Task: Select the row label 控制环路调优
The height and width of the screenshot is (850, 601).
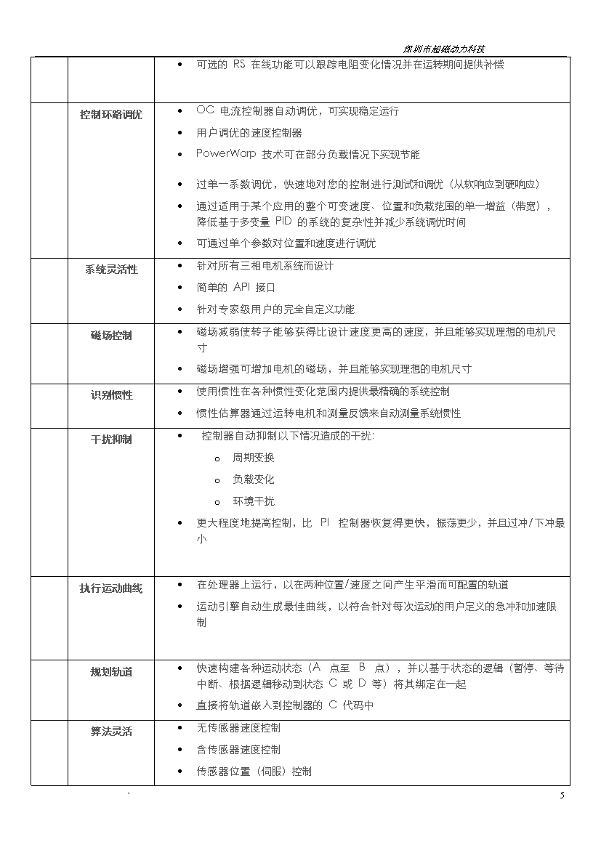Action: coord(111,115)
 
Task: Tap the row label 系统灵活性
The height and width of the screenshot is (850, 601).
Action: coord(111,270)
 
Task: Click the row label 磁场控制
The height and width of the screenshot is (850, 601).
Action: coord(111,336)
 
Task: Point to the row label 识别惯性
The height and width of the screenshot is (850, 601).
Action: coord(111,395)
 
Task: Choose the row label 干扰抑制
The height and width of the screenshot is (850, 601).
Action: coord(111,440)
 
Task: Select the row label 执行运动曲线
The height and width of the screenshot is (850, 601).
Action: coord(111,588)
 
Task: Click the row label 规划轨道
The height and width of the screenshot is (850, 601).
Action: coord(111,672)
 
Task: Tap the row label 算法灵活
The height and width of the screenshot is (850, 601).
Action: coord(111,732)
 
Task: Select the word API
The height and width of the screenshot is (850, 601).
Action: coord(241,287)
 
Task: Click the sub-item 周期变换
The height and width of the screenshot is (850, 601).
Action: coord(254,458)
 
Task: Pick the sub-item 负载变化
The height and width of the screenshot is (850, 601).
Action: coord(254,479)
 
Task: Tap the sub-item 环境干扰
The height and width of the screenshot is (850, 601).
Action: coord(254,501)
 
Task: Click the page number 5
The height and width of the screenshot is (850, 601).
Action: coord(562,796)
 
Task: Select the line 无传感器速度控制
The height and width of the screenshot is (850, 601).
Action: coord(238,728)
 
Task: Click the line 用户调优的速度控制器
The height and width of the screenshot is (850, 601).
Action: coord(249,133)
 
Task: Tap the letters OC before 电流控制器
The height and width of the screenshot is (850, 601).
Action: coord(205,110)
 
